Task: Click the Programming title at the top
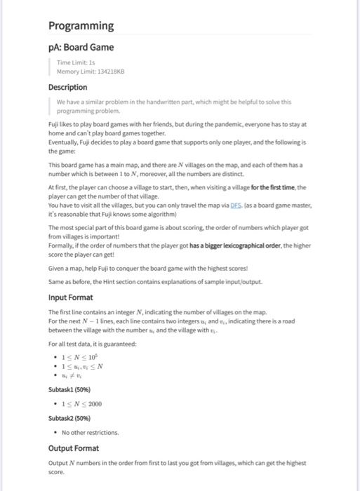81,26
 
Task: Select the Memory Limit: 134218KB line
91,72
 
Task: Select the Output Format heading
74,448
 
